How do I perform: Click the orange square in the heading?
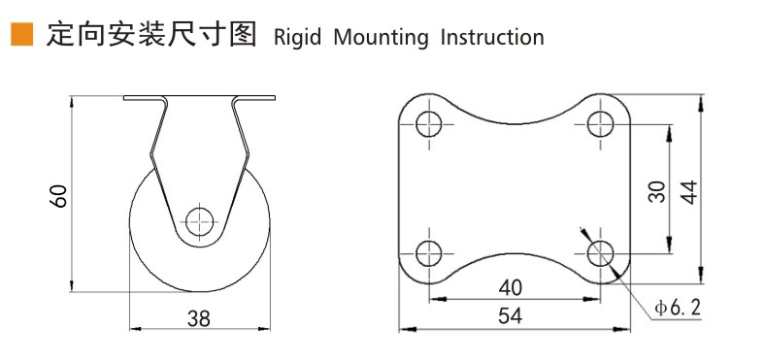click(x=21, y=35)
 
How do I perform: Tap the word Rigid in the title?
click(x=297, y=38)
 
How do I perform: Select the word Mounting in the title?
click(x=381, y=38)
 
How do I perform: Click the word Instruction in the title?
click(x=492, y=37)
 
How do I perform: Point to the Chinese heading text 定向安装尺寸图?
click(x=151, y=35)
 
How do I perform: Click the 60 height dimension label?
click(x=58, y=196)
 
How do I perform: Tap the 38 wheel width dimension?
click(x=199, y=318)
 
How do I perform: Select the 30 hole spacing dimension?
click(x=656, y=191)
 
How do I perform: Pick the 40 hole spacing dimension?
click(x=511, y=287)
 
